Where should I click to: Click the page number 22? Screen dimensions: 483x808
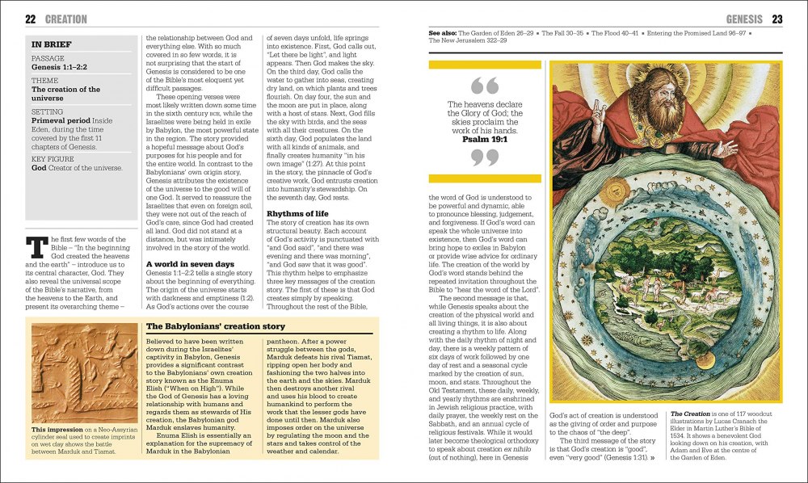point(31,19)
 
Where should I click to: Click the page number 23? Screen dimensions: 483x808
point(777,19)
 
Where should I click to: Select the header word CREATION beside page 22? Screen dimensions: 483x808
point(66,19)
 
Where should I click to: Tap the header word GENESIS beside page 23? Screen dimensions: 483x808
point(744,19)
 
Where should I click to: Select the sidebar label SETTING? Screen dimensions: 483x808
point(47,111)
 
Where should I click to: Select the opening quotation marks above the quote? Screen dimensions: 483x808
point(484,85)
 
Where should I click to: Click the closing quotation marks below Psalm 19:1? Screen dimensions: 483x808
point(484,158)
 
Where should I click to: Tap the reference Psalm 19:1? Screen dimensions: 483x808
point(484,138)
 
